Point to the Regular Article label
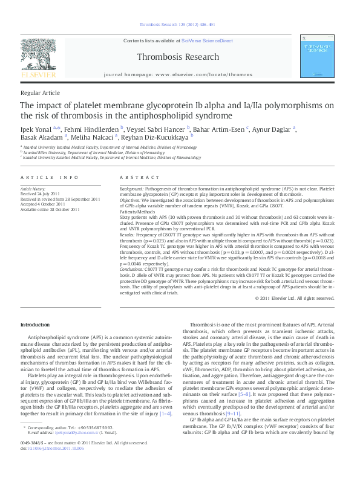coord(40,92)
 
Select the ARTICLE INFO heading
coord(50,177)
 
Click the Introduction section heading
coord(36,325)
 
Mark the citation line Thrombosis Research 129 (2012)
coord(177,25)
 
